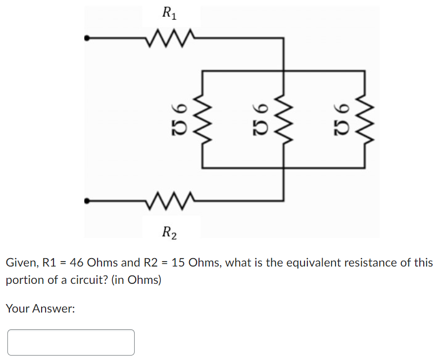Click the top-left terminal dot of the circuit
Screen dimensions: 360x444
(87, 37)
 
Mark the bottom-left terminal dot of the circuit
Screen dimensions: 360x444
(87, 201)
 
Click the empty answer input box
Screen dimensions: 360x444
(71, 342)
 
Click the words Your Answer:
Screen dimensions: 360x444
(40, 309)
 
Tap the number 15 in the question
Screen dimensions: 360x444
(178, 263)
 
